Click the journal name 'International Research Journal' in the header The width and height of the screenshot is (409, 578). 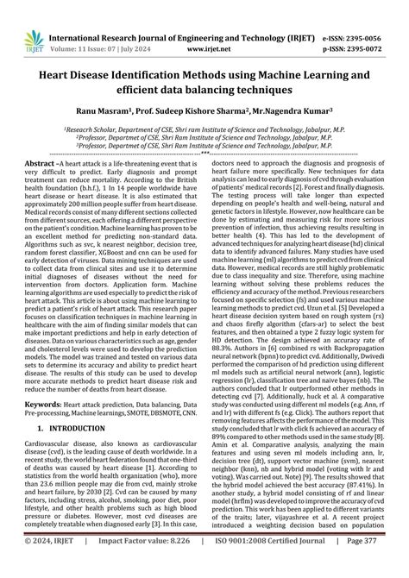[x=112, y=14]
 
